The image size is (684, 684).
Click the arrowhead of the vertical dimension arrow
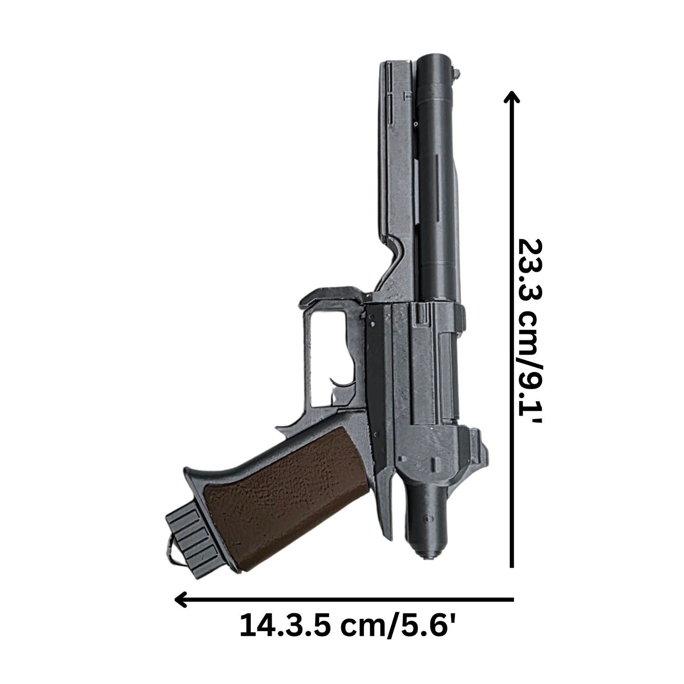click(512, 97)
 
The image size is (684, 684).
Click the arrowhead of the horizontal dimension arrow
click(181, 600)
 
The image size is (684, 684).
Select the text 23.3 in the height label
click(530, 270)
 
